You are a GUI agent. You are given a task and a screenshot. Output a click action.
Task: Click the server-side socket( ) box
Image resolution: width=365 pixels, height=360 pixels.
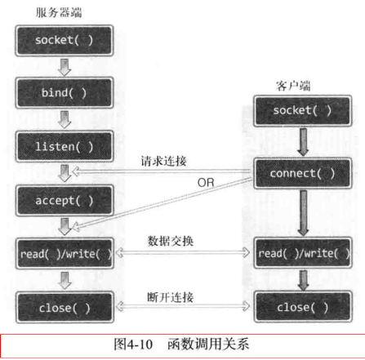click(x=65, y=40)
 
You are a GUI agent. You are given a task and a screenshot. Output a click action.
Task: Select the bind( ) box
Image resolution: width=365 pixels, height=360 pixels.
click(x=65, y=93)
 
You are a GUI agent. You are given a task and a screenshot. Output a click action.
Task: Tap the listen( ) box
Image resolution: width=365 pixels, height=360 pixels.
click(x=65, y=146)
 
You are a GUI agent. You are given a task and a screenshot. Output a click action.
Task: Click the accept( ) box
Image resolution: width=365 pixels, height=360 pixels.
click(x=65, y=200)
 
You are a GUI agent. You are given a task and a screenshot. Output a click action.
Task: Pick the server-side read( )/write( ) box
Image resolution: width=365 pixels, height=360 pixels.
click(x=65, y=253)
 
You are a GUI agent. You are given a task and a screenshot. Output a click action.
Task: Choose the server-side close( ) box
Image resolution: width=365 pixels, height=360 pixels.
click(x=65, y=308)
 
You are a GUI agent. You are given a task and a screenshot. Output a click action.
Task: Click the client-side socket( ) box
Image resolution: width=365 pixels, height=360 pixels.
click(x=304, y=110)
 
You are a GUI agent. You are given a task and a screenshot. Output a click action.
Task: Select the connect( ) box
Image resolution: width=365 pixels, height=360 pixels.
click(x=304, y=174)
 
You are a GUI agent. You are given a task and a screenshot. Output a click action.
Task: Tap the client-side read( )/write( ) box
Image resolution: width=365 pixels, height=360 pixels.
click(x=304, y=253)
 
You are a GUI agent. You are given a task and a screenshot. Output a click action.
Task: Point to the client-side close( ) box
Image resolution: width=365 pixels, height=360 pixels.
click(x=304, y=308)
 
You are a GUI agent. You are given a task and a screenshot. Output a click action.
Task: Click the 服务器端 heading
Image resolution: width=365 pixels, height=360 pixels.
click(x=59, y=11)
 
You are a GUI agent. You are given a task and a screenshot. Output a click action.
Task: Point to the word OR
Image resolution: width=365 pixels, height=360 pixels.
click(x=206, y=183)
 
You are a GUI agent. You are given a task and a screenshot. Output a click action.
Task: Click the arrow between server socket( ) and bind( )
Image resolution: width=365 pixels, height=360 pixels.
click(x=65, y=66)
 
